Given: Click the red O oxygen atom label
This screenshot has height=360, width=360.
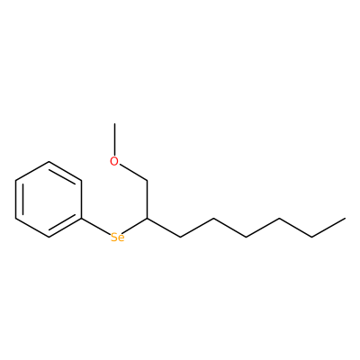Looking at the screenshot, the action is (x=114, y=161).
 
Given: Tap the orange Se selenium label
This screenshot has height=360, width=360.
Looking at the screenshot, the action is (x=117, y=238).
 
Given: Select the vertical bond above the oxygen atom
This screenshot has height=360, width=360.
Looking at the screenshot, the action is (x=114, y=139).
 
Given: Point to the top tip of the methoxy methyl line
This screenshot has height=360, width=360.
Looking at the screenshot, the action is (x=114, y=123).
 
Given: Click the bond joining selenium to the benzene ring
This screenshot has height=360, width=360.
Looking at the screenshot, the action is (x=95, y=226).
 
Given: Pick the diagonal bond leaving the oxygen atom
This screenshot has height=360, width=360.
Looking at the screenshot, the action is (x=133, y=173).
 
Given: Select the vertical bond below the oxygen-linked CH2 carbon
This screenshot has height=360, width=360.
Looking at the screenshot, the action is (x=148, y=200).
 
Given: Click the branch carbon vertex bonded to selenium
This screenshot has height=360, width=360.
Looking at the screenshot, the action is (x=148, y=219).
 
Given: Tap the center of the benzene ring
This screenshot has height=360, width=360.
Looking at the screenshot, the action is (x=49, y=200).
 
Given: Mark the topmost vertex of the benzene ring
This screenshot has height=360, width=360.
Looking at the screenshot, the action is (x=49, y=162).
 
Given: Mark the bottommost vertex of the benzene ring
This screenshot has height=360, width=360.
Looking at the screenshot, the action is (x=49, y=238).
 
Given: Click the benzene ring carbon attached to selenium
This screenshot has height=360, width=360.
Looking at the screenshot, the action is (x=81, y=219).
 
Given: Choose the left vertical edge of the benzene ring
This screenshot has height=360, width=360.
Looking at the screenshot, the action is (x=15, y=200).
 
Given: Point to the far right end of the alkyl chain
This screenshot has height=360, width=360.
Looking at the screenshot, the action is (x=345, y=219).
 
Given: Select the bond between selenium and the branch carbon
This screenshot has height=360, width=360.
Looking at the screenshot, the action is (x=135, y=226).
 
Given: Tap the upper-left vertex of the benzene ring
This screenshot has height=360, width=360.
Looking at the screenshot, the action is (x=15, y=181).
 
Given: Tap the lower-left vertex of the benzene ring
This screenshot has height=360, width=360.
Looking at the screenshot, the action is (x=15, y=219).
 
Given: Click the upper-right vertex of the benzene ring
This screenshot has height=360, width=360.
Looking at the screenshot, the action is (x=81, y=181).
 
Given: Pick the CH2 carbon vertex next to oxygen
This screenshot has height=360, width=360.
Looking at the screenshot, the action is (x=148, y=181).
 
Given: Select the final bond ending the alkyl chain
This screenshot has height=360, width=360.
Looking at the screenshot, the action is (x=328, y=228).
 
